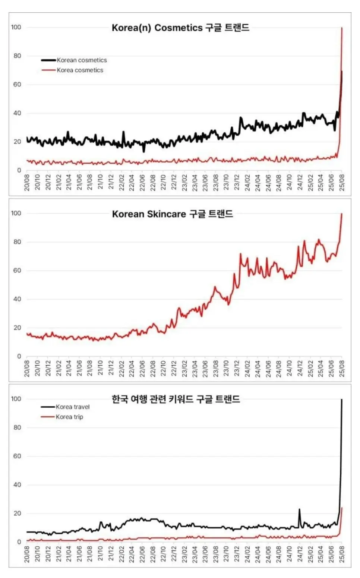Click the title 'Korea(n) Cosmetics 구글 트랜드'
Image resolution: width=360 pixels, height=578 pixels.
pos(180,28)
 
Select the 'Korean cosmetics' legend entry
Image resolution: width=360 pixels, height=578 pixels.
pos(82,60)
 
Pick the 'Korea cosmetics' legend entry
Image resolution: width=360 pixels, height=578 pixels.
pos(80,70)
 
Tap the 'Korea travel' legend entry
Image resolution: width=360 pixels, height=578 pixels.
pos(73,407)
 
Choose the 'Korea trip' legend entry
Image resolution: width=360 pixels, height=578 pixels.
pos(69,417)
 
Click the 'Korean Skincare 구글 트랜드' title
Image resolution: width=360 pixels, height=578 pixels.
pos(173,214)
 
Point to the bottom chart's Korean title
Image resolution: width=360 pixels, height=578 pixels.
pos(176,399)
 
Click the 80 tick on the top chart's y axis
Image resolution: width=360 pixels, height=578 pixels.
pos(17,56)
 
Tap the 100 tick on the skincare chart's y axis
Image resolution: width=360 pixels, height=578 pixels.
pos(16,214)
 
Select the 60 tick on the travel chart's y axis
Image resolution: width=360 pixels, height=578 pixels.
pos(17,456)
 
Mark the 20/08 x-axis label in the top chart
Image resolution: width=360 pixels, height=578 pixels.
pos(27,183)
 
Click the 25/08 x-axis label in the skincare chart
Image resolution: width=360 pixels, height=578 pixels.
pos(342,368)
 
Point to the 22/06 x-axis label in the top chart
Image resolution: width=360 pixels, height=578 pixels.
pos(142,183)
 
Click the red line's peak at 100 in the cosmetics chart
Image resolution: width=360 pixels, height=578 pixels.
pos(342,28)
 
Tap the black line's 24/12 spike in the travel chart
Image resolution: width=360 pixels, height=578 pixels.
pos(299,509)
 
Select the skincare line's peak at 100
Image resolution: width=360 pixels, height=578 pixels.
pos(342,214)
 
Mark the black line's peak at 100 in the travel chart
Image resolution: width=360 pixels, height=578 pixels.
pos(342,399)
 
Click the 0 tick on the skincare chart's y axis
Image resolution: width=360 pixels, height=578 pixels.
pos(19,356)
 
